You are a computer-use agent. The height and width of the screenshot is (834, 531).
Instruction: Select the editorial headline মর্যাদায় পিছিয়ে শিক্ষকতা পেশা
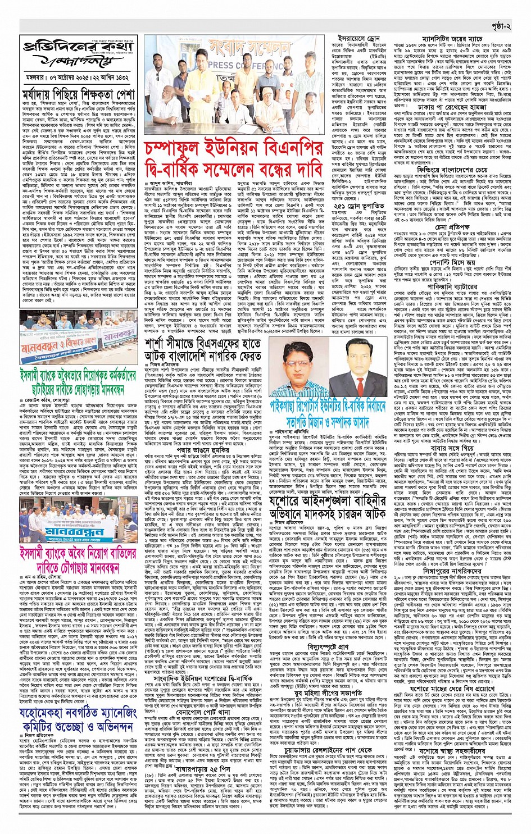click(78, 93)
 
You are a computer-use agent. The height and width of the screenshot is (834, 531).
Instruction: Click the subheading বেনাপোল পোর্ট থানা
click(189, 659)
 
